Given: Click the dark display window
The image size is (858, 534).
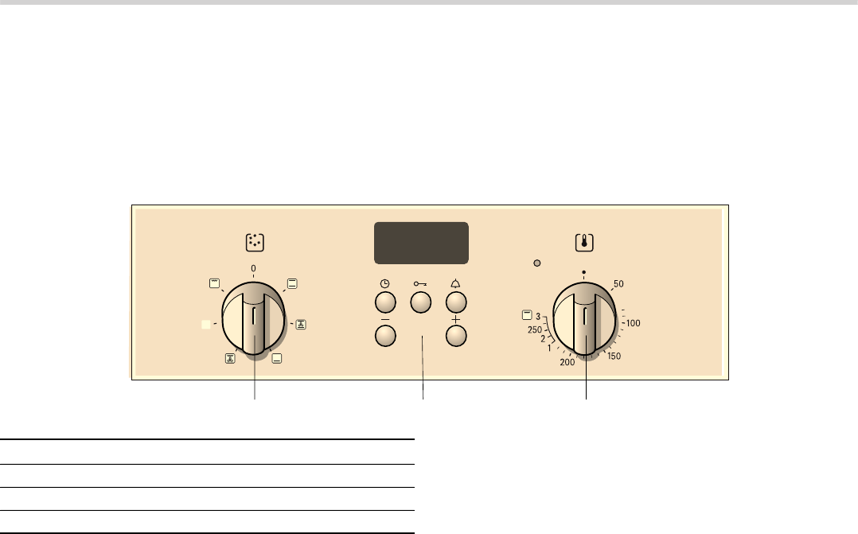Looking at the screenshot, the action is pos(421,243).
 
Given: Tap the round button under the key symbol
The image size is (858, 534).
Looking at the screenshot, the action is pos(421,302).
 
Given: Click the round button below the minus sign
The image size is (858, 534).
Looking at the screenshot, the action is pos(385,336).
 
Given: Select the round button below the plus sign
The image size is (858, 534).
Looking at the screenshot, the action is pos(456,336).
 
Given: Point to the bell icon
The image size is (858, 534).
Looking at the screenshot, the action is pos(455,284).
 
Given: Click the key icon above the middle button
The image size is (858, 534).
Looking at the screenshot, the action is pos(420,284).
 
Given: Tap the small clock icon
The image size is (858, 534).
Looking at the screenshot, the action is pos(385,284).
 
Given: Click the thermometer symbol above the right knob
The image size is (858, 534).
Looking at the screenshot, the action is pos(584,243).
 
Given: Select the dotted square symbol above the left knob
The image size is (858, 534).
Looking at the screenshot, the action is pos(255,243).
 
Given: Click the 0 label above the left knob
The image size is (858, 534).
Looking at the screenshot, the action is pos(253,269).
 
